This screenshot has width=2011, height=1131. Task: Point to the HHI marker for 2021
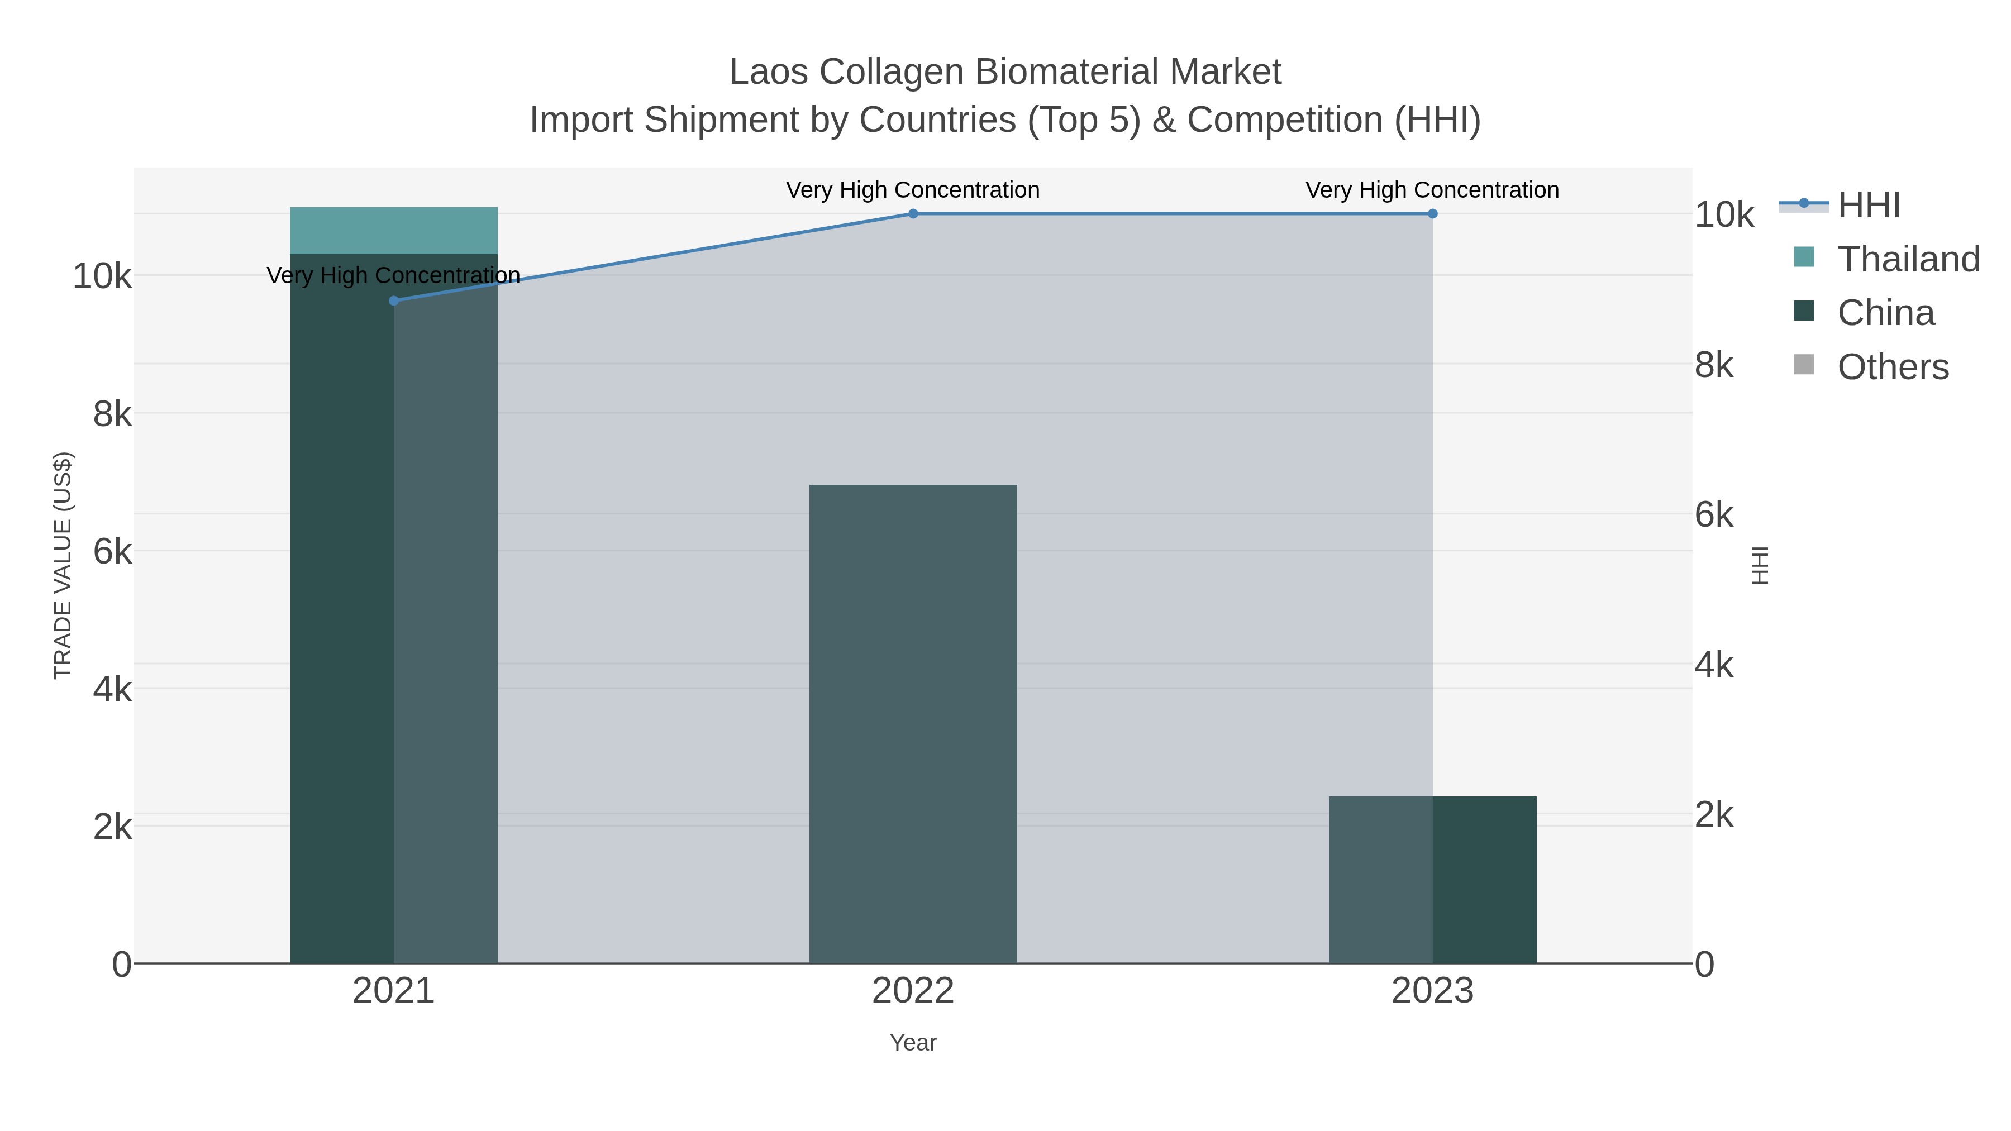393,300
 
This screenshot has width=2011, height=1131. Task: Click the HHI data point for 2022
913,214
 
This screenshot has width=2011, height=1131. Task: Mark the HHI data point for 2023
1432,214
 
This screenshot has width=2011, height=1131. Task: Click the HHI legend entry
1868,204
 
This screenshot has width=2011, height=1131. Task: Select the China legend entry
1885,312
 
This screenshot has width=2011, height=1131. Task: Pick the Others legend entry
1893,366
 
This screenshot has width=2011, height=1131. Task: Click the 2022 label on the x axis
913,990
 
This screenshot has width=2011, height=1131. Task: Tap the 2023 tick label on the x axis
1432,990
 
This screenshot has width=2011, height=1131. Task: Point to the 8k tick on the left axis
112,414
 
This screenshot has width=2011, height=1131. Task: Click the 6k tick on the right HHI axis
1714,514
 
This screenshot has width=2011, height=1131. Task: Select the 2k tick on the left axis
112,827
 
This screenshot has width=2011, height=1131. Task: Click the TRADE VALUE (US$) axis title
63,565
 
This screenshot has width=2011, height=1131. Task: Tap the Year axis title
913,1043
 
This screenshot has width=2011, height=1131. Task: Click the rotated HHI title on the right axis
1760,565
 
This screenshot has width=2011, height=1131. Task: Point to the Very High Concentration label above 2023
1432,190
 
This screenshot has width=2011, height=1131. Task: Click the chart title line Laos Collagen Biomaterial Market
1005,72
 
